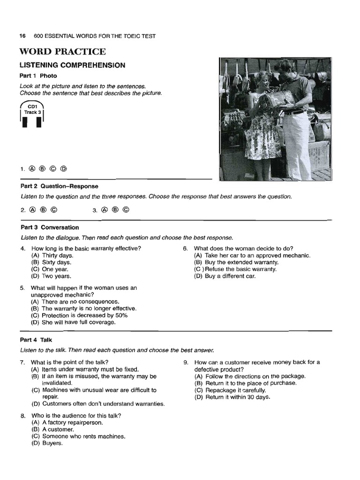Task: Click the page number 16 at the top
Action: pos(22,36)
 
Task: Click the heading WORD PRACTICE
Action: pos(62,52)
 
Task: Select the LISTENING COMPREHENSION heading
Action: pos(72,65)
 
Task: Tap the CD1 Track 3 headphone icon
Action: pos(31,118)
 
